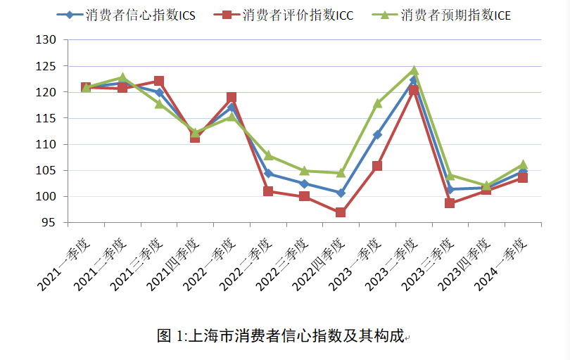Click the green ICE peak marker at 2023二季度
tap(414, 70)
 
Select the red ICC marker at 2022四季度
tap(341, 212)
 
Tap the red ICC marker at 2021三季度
tap(158, 82)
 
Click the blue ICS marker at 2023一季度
tap(377, 134)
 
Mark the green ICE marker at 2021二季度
tap(122, 77)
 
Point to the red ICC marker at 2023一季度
tap(377, 167)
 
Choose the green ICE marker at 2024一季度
tap(523, 165)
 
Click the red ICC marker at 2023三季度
tap(450, 203)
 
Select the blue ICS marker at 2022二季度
tap(268, 173)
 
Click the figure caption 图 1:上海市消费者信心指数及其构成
tap(281, 336)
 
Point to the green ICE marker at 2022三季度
tap(305, 171)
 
